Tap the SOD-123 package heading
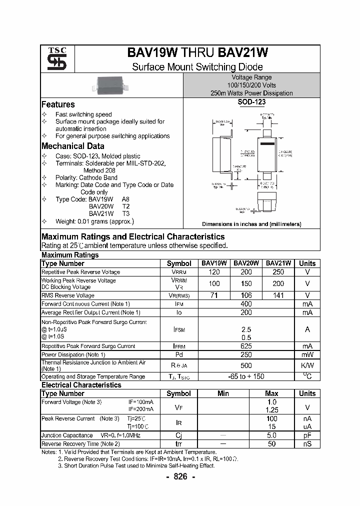coord(251,102)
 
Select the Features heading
coord(58,104)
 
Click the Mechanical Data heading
coord(72,146)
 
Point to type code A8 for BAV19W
coord(125,198)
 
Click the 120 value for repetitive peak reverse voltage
coord(214,272)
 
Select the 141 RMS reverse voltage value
coord(278,295)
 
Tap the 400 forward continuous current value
coord(246,304)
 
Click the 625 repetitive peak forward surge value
coord(246,346)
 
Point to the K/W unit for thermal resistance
coord(307,365)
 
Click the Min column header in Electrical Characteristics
coord(223,393)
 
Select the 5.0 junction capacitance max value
coord(271,435)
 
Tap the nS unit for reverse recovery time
coord(307,443)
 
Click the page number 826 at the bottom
coord(180,477)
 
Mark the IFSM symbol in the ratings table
coord(178,329)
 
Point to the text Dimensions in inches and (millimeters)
coord(251,224)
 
